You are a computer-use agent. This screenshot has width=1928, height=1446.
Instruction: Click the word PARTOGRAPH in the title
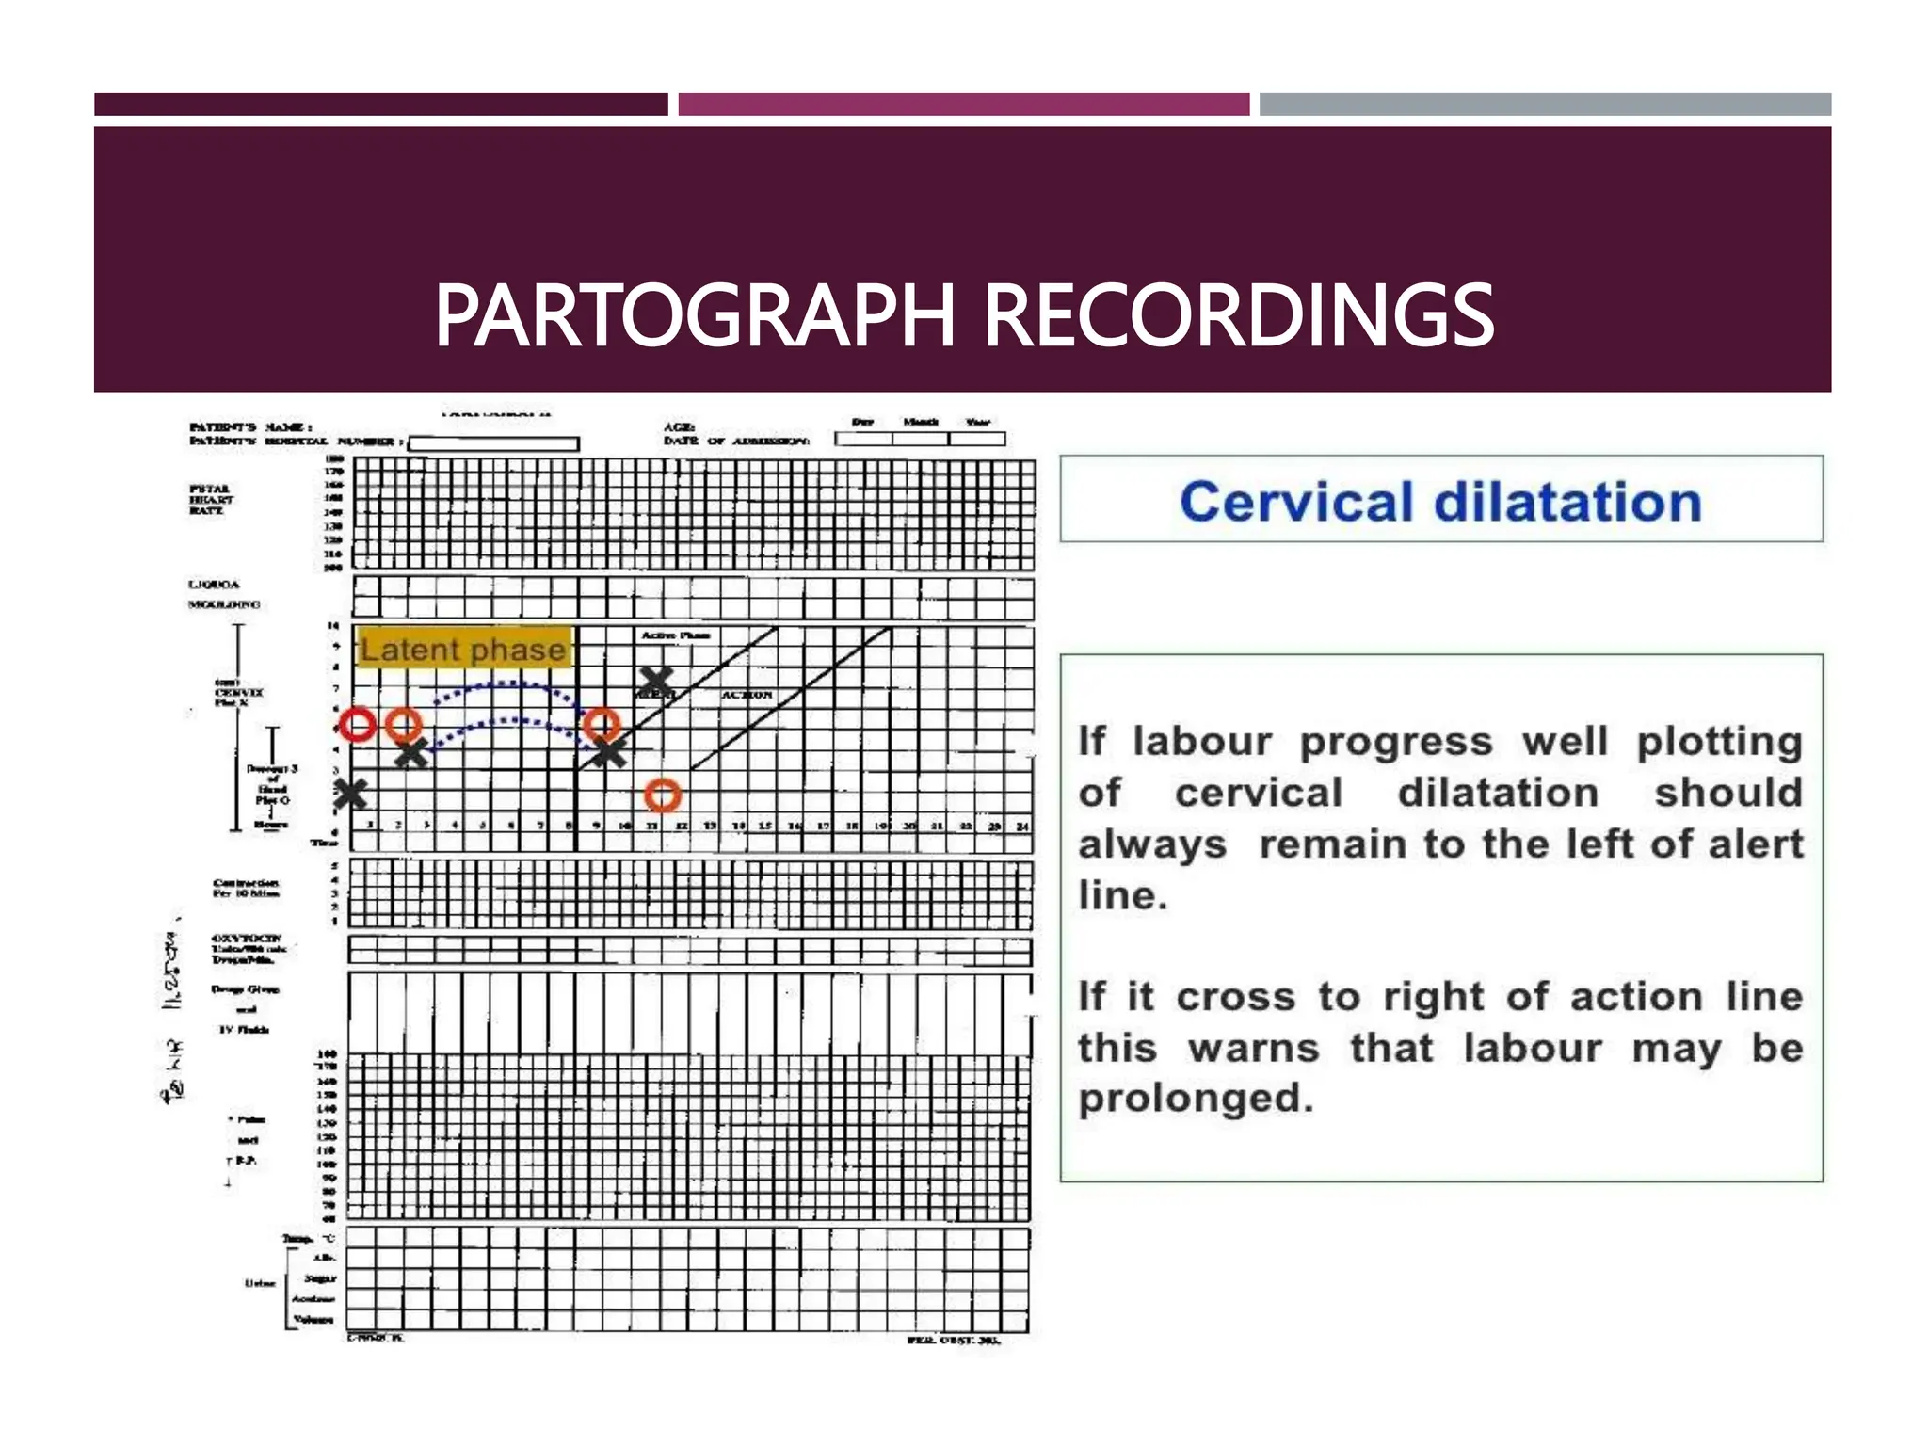click(695, 316)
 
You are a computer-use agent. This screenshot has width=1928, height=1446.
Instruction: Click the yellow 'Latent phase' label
click(463, 649)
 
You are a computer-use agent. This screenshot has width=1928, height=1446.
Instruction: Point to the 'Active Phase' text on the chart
click(675, 636)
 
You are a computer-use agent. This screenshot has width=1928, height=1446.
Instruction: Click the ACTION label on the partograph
click(747, 695)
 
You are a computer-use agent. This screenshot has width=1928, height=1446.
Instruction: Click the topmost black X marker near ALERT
click(656, 680)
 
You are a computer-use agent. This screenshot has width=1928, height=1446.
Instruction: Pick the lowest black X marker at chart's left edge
click(350, 795)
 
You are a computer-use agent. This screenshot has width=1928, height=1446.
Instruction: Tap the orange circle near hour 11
click(663, 795)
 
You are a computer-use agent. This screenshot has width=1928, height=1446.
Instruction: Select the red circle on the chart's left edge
click(358, 725)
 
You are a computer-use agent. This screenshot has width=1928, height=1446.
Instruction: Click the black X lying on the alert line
click(609, 752)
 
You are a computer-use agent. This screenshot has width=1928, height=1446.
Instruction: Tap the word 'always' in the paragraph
click(1151, 844)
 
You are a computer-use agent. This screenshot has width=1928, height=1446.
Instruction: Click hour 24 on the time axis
click(1021, 827)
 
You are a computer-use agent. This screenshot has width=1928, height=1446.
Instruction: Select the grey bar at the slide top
click(1544, 104)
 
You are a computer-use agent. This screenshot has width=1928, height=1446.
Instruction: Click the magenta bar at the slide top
click(963, 104)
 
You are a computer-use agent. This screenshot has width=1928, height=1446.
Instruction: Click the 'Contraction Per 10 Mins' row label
click(246, 888)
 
